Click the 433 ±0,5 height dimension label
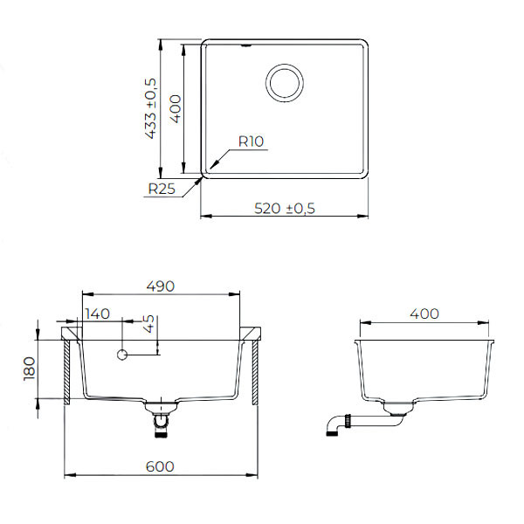[150, 108]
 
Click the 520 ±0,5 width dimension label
[284, 208]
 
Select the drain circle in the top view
[284, 82]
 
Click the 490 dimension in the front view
[161, 286]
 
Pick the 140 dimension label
[99, 314]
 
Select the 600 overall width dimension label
[160, 466]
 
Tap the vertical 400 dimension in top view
[176, 108]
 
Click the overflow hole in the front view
[122, 355]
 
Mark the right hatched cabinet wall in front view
[254, 372]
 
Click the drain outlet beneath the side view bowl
[398, 408]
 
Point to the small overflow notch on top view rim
[248, 42]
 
